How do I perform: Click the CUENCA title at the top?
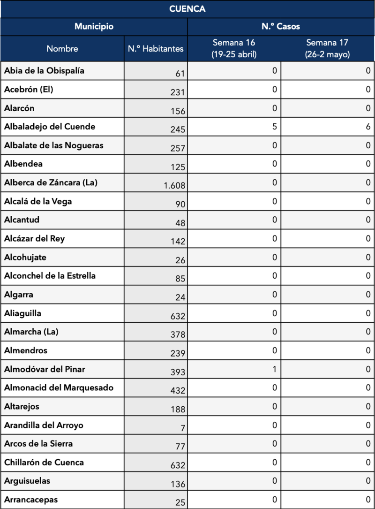pyautogui.click(x=187, y=9)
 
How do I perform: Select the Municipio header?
pyautogui.click(x=94, y=27)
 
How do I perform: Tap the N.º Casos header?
pyautogui.click(x=281, y=27)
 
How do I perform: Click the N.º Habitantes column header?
pyautogui.click(x=156, y=48)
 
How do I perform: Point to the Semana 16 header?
pyautogui.click(x=234, y=48)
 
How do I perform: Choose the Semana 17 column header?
pyautogui.click(x=327, y=48)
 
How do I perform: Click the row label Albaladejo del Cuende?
pyautogui.click(x=50, y=127)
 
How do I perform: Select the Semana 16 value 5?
pyautogui.click(x=275, y=127)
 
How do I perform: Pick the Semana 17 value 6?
pyautogui.click(x=368, y=127)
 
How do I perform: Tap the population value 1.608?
pyautogui.click(x=174, y=185)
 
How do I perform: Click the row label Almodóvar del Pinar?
pyautogui.click(x=45, y=369)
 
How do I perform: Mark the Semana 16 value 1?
pyautogui.click(x=275, y=369)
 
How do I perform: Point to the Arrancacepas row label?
pyautogui.click(x=31, y=500)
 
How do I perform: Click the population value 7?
pyautogui.click(x=182, y=428)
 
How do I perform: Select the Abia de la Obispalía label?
pyautogui.click(x=44, y=71)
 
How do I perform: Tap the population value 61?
pyautogui.click(x=180, y=74)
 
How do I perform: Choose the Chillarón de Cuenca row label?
pyautogui.click(x=44, y=463)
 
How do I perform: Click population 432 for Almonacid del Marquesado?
pyautogui.click(x=178, y=390)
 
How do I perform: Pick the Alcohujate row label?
pyautogui.click(x=25, y=258)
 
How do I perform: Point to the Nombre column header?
pyautogui.click(x=62, y=48)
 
